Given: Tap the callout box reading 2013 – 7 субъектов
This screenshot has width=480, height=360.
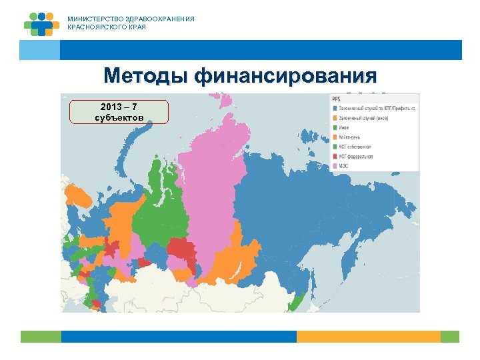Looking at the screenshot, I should (119, 111).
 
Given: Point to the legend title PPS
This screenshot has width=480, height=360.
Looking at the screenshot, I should (336, 99).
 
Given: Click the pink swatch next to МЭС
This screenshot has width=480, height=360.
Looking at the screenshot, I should (335, 166).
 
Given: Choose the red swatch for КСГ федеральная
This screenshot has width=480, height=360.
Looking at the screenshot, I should (335, 157).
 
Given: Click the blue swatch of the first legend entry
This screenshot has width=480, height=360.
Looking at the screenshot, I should (335, 109).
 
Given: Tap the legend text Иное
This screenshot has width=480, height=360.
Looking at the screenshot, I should (346, 128).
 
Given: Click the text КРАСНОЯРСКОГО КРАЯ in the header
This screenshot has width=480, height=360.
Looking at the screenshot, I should (107, 27).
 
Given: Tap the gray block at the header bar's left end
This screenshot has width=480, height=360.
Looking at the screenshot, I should (39, 50).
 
